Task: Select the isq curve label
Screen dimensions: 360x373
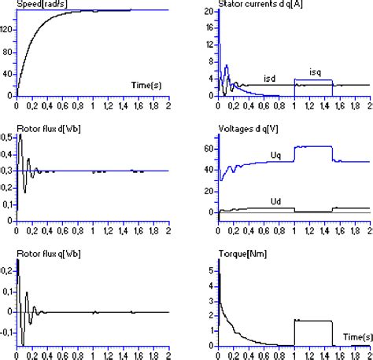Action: click(x=317, y=72)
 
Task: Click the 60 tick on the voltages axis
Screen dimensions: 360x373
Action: click(x=209, y=147)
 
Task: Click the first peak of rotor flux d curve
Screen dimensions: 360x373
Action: click(x=20, y=137)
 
